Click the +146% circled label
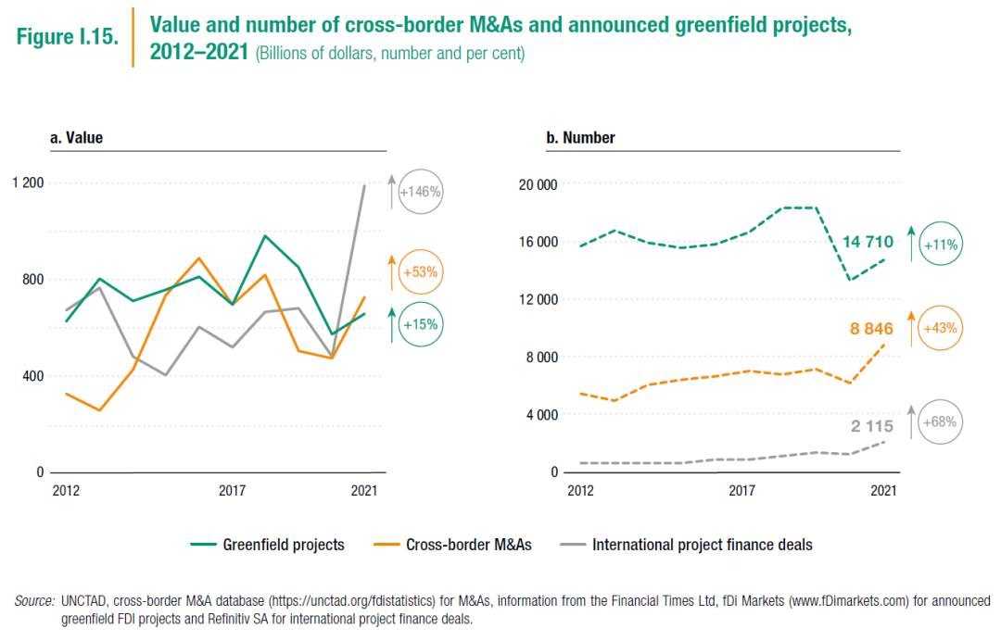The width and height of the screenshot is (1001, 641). (x=420, y=193)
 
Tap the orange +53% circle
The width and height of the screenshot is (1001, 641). (x=420, y=273)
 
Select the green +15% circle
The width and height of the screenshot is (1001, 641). (x=420, y=325)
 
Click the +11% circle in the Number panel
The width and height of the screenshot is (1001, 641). (x=940, y=245)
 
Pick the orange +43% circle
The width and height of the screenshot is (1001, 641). (x=940, y=328)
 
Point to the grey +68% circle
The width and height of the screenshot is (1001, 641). (x=940, y=423)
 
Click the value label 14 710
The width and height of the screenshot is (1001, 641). (x=868, y=243)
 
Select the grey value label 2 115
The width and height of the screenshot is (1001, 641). (x=872, y=426)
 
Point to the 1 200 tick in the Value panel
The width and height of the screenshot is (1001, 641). (x=28, y=182)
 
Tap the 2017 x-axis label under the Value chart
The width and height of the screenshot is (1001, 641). (x=232, y=491)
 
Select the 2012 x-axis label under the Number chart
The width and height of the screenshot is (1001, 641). (x=579, y=491)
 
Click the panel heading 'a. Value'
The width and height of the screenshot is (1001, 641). (x=76, y=138)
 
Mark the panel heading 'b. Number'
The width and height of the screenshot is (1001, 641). (x=580, y=138)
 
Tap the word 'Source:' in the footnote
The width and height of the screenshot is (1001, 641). (x=34, y=601)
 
